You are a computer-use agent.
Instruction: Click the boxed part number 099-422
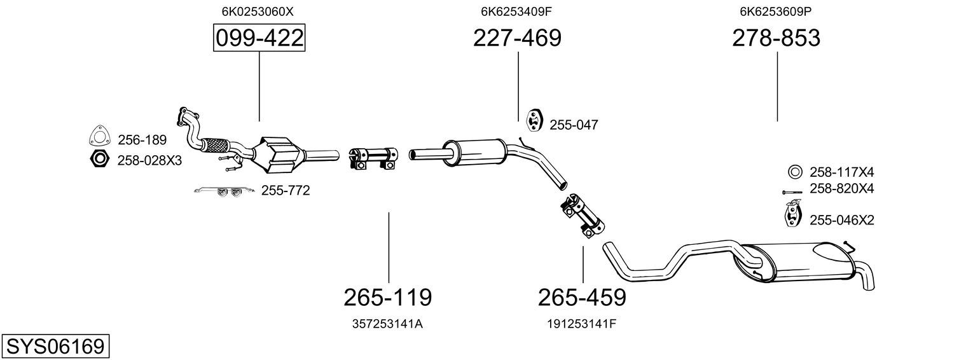click(x=259, y=38)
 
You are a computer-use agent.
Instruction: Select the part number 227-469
click(x=517, y=38)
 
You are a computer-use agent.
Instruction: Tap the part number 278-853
click(x=776, y=38)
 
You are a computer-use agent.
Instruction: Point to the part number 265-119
click(x=387, y=297)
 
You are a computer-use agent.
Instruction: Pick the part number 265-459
click(x=582, y=297)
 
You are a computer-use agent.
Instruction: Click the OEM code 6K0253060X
click(x=258, y=11)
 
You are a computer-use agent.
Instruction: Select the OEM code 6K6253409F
click(x=516, y=11)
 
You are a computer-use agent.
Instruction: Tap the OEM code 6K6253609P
click(x=776, y=11)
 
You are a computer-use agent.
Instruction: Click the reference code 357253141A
click(x=387, y=324)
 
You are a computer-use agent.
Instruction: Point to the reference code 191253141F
click(x=582, y=324)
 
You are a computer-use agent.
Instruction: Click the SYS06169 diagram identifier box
click(x=55, y=347)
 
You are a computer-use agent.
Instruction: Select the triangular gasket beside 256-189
click(x=99, y=137)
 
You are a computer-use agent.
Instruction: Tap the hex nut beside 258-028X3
click(x=99, y=159)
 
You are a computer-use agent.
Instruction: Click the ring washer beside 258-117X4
click(x=794, y=172)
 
